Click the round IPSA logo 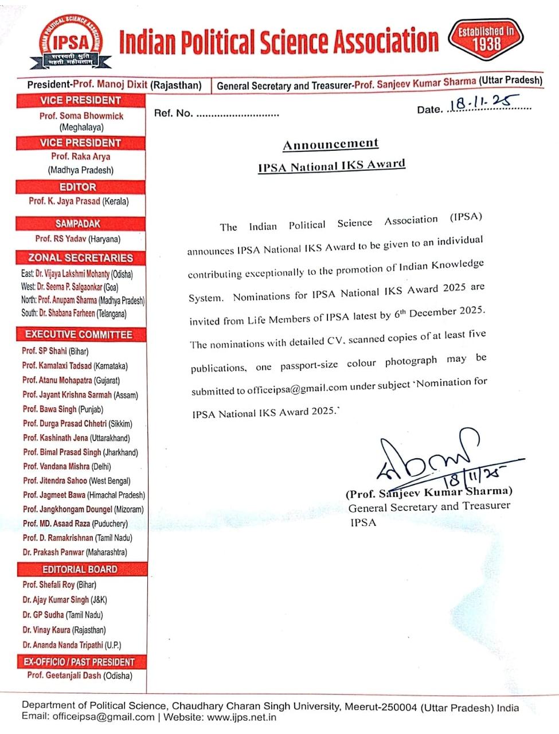point(72,41)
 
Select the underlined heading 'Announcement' point(331,144)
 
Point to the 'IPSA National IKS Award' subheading point(331,166)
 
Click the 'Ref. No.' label point(173,113)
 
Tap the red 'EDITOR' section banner point(78,187)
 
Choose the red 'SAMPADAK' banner point(78,224)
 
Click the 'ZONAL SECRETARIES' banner point(80,258)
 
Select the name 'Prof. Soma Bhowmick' point(81,116)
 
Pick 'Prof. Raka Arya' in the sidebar point(80,157)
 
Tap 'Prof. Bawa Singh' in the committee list point(49,409)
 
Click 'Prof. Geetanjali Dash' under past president point(64,676)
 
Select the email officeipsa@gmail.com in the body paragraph point(298,388)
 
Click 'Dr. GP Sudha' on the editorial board point(44,615)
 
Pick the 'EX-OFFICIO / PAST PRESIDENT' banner point(79,662)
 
